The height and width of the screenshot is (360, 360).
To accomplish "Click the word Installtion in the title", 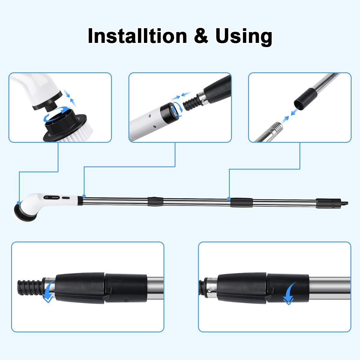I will [136, 36].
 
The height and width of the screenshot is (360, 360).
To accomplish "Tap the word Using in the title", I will [243, 37].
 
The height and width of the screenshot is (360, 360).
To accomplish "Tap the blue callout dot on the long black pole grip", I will [229, 199].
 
